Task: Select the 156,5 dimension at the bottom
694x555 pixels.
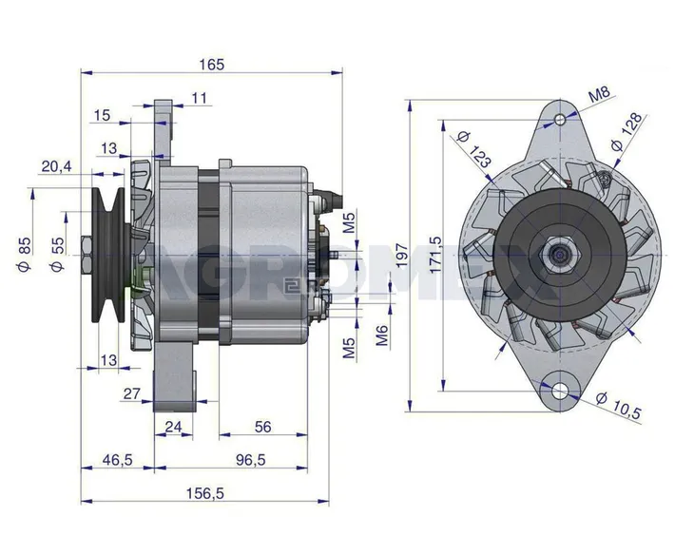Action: point(211,493)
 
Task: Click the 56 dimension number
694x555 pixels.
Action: point(263,428)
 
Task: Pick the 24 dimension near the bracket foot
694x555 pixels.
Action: point(173,428)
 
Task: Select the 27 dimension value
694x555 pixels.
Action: point(133,392)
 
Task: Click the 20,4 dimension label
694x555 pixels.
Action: point(56,166)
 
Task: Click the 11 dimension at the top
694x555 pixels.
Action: point(199,98)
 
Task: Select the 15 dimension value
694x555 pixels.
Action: point(102,115)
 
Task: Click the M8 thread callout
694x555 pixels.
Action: point(599,95)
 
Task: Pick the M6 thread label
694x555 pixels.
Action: point(381,335)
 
